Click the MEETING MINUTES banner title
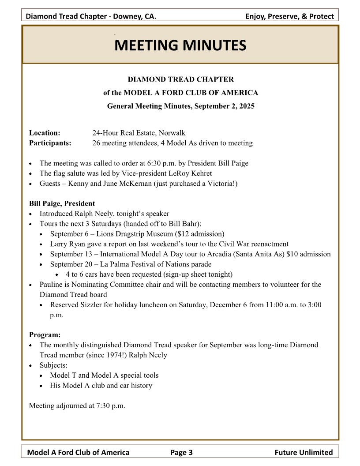[180, 45]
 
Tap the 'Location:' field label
[45, 133]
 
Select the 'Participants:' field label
[50, 143]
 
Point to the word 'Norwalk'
[172, 133]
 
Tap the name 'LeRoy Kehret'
[193, 173]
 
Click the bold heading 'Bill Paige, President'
[62, 203]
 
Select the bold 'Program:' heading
[45, 335]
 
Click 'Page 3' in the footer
[181, 452]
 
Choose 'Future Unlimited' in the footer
[304, 452]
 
